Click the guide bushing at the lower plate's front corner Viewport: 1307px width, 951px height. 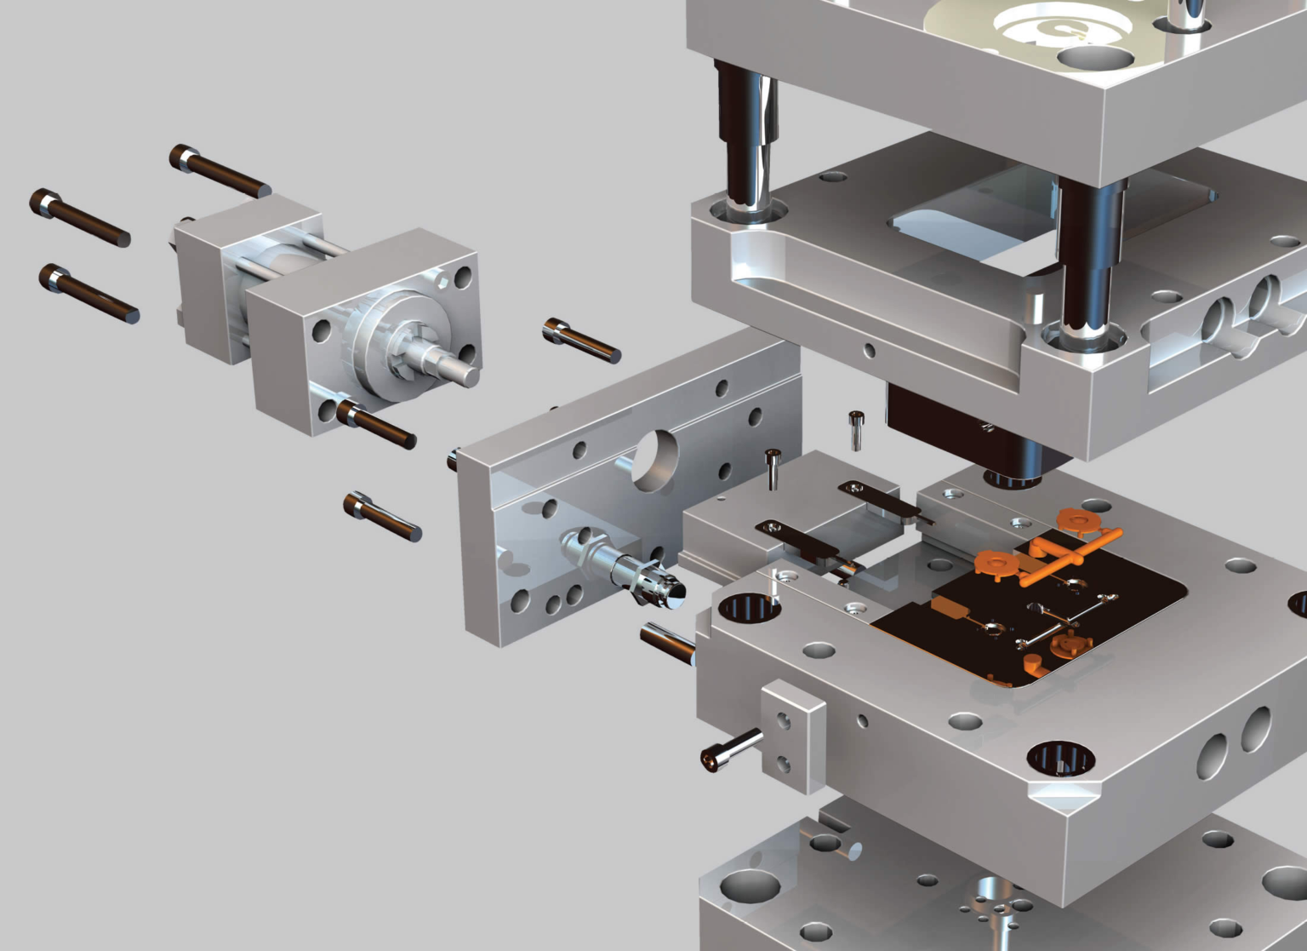tap(1060, 759)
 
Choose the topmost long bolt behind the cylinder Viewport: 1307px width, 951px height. tap(220, 172)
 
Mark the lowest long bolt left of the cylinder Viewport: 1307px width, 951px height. tap(88, 293)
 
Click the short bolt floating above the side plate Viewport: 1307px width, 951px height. tap(582, 340)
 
